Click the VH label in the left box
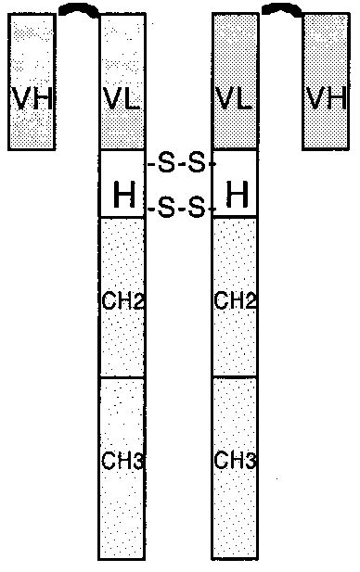click(x=31, y=96)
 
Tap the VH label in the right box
click(x=325, y=96)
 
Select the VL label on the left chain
click(x=122, y=97)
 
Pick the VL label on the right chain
click(x=235, y=97)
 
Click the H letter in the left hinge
click(x=122, y=195)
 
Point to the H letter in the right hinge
click(x=237, y=195)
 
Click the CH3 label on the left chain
click(x=121, y=460)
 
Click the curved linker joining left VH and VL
click(x=78, y=9)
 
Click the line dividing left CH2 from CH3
click(x=122, y=377)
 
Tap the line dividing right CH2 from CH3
click(x=235, y=377)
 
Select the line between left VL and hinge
click(x=122, y=149)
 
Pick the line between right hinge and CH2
click(x=235, y=217)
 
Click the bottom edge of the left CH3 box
click(x=122, y=559)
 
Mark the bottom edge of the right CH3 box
click(x=235, y=559)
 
